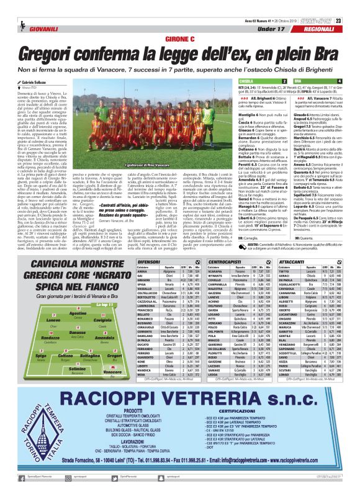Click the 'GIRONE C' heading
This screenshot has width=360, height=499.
[180, 38]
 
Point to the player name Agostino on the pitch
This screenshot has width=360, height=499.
[77, 313]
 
